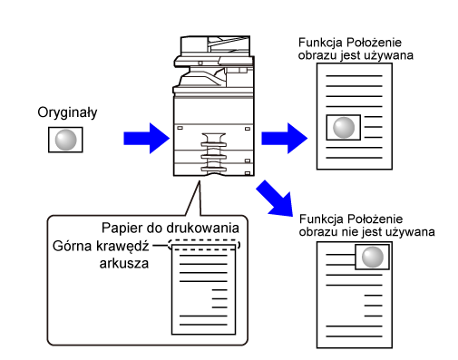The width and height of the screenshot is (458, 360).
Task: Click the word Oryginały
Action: (67, 112)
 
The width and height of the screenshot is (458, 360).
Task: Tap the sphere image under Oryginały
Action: (65, 140)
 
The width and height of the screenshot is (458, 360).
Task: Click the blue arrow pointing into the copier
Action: (147, 138)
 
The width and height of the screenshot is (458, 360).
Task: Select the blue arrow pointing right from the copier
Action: (285, 138)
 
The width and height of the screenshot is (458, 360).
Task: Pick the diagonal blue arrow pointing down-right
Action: (275, 199)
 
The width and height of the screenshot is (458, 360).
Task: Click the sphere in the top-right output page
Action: (344, 127)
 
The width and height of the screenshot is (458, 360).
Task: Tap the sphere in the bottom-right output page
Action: (373, 257)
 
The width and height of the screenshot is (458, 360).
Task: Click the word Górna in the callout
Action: (72, 246)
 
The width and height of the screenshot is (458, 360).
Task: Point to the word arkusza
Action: (124, 264)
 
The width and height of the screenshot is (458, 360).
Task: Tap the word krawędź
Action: (122, 247)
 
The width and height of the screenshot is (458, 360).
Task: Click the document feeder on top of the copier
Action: (215, 45)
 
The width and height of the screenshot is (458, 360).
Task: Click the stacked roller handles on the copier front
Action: (214, 152)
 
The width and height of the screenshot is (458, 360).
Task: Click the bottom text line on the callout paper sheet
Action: (203, 325)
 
